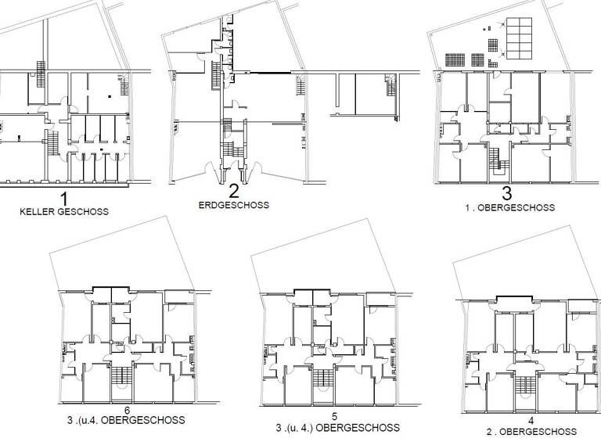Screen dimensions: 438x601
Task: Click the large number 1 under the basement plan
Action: point(64,199)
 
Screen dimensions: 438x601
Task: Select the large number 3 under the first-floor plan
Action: point(507,194)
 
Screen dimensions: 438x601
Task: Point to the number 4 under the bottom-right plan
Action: point(531,421)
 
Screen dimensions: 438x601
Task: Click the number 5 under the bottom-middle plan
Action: point(334,416)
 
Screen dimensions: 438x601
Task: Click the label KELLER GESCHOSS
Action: point(64,211)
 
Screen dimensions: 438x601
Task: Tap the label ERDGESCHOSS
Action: point(232,205)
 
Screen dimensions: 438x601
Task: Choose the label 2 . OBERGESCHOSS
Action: point(531,432)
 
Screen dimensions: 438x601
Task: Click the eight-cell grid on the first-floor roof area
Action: point(518,38)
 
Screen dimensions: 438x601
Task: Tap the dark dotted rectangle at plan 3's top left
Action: point(455,59)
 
